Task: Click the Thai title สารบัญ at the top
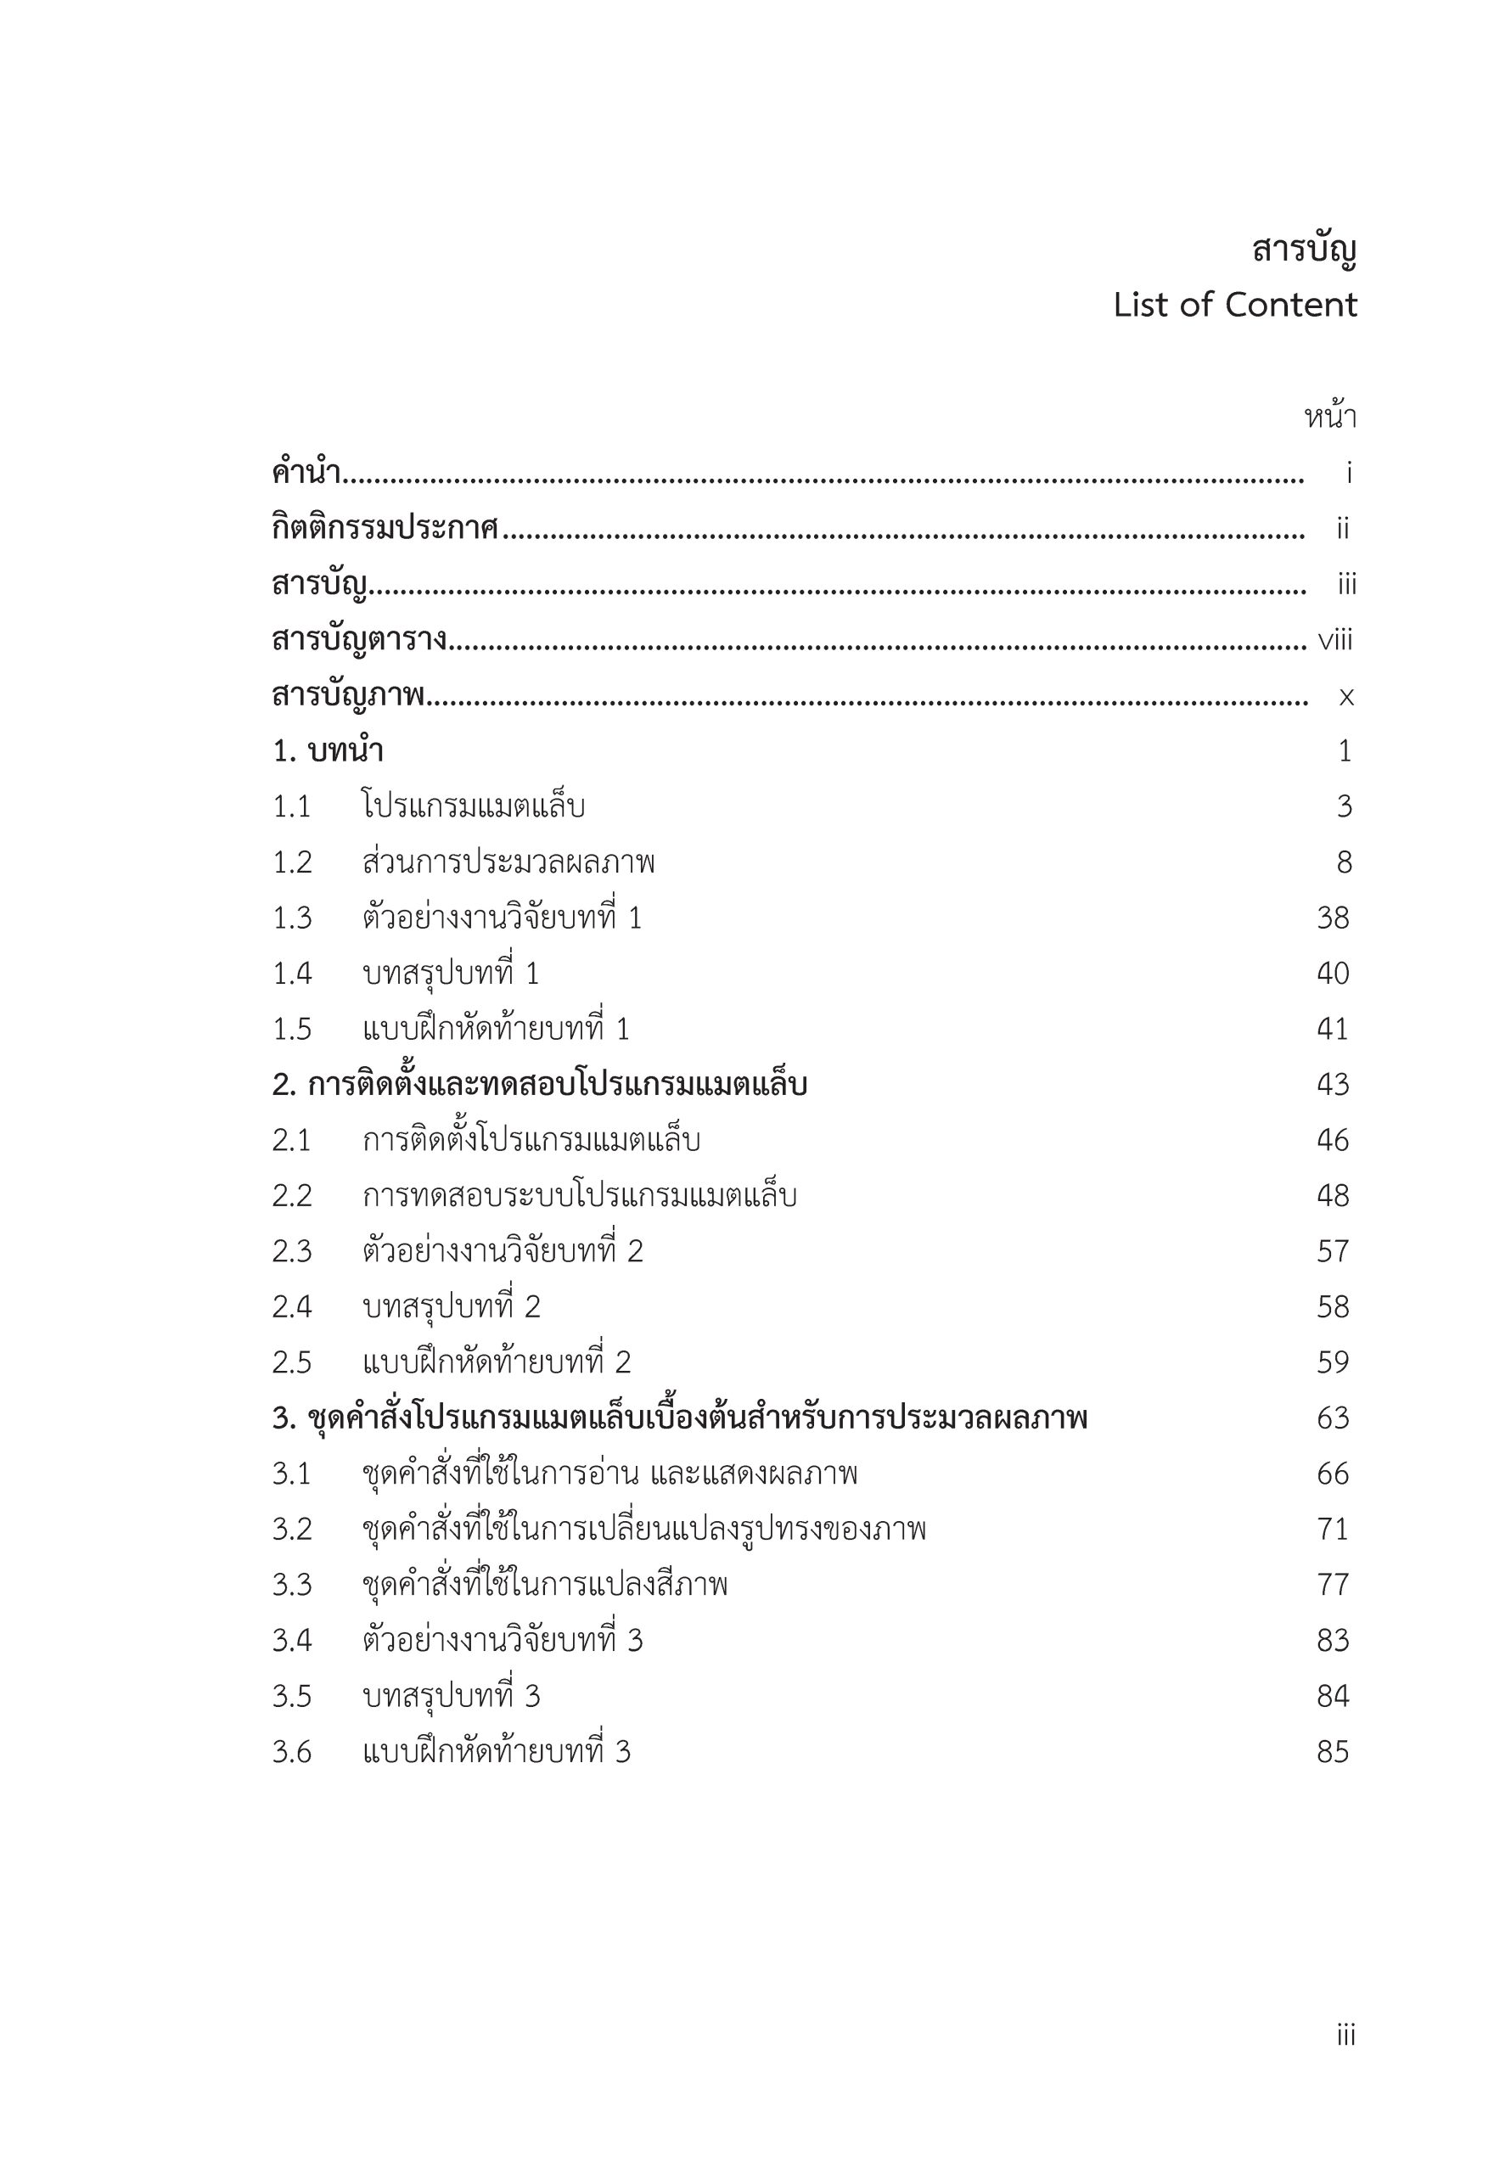point(1304,250)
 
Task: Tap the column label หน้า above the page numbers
point(1330,418)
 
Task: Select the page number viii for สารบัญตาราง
point(1335,641)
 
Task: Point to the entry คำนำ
point(306,474)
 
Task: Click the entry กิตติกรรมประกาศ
point(385,529)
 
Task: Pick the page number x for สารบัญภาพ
point(1346,697)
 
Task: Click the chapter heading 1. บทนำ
point(328,751)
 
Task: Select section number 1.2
point(292,863)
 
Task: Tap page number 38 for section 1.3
point(1333,918)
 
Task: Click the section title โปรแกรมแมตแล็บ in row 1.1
point(474,806)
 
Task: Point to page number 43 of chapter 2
point(1333,1085)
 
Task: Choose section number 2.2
point(292,1196)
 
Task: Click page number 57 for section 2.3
point(1333,1251)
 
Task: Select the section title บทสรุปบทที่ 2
point(452,1307)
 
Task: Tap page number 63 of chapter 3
point(1333,1418)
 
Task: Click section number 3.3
point(292,1586)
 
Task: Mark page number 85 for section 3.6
point(1333,1752)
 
